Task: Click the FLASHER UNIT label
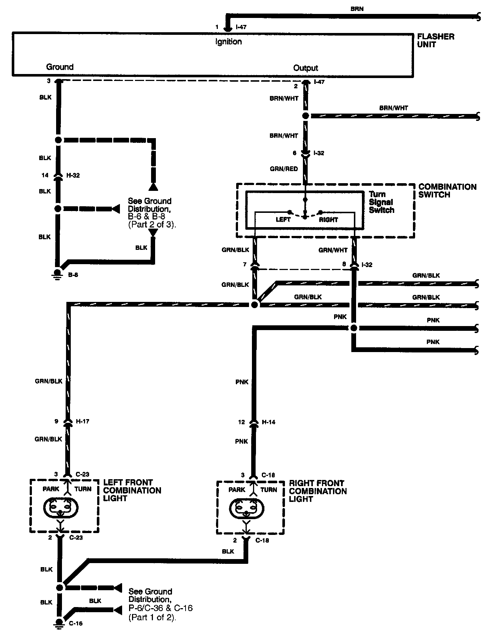(x=436, y=40)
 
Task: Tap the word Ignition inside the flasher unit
(x=228, y=42)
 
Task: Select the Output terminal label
(x=305, y=68)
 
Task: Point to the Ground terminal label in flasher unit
(x=60, y=67)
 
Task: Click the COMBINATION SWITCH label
(x=447, y=191)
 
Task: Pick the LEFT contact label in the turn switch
(x=283, y=220)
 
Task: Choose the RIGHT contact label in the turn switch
(x=328, y=220)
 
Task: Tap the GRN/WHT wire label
(x=333, y=250)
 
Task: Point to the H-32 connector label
(x=73, y=175)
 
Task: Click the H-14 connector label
(x=268, y=422)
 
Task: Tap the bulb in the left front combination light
(x=61, y=508)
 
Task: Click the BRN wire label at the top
(x=356, y=9)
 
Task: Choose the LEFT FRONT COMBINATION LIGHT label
(x=132, y=490)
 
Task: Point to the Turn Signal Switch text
(x=381, y=202)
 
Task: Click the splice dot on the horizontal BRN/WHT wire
(x=305, y=116)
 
